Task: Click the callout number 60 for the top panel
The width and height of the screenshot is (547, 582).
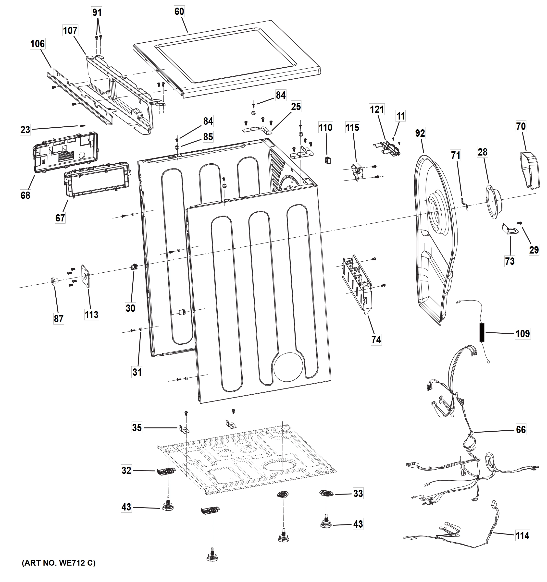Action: (x=179, y=12)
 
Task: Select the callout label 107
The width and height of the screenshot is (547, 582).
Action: (x=70, y=30)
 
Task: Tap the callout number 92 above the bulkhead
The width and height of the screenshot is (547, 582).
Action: (x=420, y=133)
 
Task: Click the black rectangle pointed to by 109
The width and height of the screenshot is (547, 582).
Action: (x=482, y=332)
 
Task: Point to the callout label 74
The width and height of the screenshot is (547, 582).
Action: (x=376, y=339)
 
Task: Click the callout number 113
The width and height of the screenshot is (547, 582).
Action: (x=91, y=315)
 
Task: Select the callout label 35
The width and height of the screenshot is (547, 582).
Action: (x=137, y=428)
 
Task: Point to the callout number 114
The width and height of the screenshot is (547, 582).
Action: (x=522, y=536)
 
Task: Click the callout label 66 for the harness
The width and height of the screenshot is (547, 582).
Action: (x=521, y=429)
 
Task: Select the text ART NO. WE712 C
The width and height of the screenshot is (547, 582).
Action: (x=59, y=563)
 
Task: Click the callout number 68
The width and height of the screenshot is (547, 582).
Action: (x=25, y=195)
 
